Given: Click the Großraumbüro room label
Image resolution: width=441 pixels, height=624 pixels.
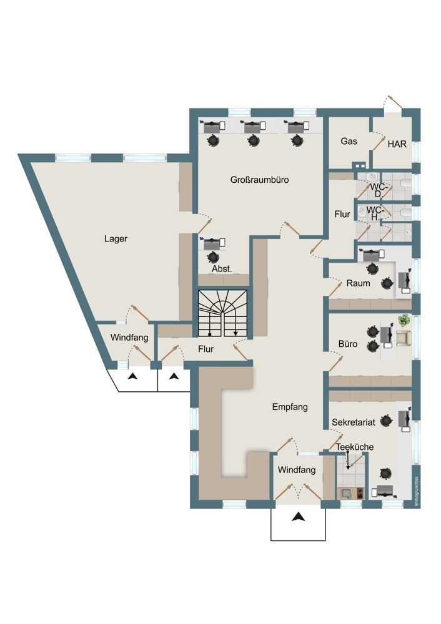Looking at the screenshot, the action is coord(259,180).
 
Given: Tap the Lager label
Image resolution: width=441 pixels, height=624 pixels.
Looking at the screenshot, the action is coord(116,239).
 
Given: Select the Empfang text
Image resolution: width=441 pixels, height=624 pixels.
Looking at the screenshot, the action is coord(290,407).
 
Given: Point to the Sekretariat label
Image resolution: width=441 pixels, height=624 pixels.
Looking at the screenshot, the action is coord(354,422).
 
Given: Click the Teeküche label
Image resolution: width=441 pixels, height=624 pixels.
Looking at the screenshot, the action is coord(355,447).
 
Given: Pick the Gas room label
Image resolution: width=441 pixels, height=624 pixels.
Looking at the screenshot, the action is coord(349,141).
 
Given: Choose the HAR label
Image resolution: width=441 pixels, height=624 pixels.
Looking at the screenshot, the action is coord(397,144).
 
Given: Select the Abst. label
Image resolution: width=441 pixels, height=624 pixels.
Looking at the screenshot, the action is coord(222,269).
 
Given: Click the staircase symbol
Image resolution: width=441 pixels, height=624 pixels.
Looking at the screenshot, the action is coord(223,313).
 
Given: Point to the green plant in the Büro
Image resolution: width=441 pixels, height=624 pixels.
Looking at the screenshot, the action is coord(404,319).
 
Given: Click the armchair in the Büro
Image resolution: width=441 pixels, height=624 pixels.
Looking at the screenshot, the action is coord(403,338).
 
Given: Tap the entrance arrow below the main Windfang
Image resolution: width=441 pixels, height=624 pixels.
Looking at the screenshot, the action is coord(298,517).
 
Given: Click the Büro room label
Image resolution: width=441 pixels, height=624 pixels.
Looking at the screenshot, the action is coord(348,344).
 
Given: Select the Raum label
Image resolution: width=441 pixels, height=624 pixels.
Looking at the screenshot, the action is coord(358,283).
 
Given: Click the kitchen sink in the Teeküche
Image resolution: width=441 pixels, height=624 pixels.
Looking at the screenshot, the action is coord(345,494).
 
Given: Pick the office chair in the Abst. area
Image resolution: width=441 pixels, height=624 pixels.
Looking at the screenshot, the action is coord(213,257).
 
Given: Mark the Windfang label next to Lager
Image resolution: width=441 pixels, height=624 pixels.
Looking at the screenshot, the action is coord(129,338).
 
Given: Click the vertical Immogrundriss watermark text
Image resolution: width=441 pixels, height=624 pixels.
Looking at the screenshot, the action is coord(416,492).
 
